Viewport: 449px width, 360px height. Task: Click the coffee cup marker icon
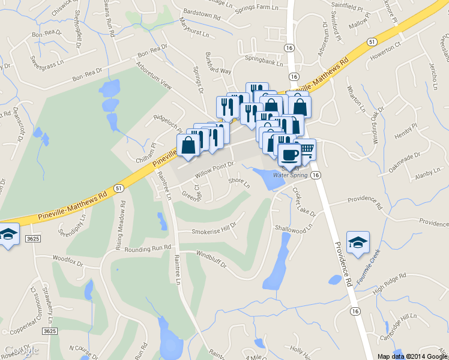coord(289,154)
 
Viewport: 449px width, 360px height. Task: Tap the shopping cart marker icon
coord(306,148)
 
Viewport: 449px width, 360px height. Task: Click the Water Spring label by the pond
coord(291,175)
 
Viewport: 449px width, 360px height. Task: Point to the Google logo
coord(22,350)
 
